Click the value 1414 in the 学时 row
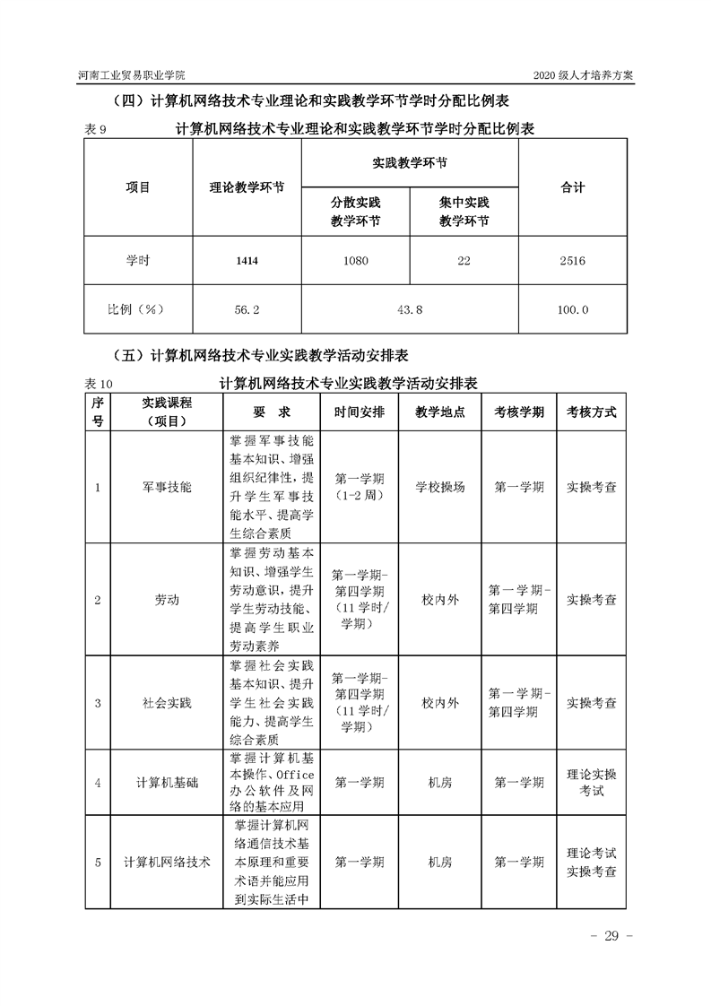pyautogui.click(x=247, y=261)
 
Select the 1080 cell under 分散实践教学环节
pyautogui.click(x=354, y=261)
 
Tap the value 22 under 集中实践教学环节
pyautogui.click(x=464, y=261)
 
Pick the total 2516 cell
pyautogui.click(x=572, y=261)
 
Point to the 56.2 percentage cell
pyautogui.click(x=247, y=309)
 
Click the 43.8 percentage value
pyautogui.click(x=409, y=309)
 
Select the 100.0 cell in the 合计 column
pyautogui.click(x=572, y=309)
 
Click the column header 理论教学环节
pyautogui.click(x=247, y=188)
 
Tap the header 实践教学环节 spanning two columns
pyautogui.click(x=409, y=164)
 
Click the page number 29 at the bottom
pyautogui.click(x=611, y=937)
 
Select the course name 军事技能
pyautogui.click(x=167, y=487)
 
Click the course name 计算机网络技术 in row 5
pyautogui.click(x=167, y=862)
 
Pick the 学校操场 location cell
pyautogui.click(x=440, y=487)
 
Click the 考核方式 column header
pyautogui.click(x=591, y=412)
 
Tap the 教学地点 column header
pyautogui.click(x=440, y=412)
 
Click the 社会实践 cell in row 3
pyautogui.click(x=167, y=703)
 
